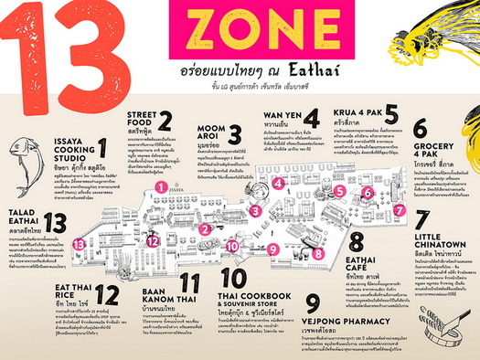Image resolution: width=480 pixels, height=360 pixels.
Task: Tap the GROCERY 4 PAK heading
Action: (433, 146)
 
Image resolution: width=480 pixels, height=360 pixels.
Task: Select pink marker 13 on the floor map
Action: (80, 244)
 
